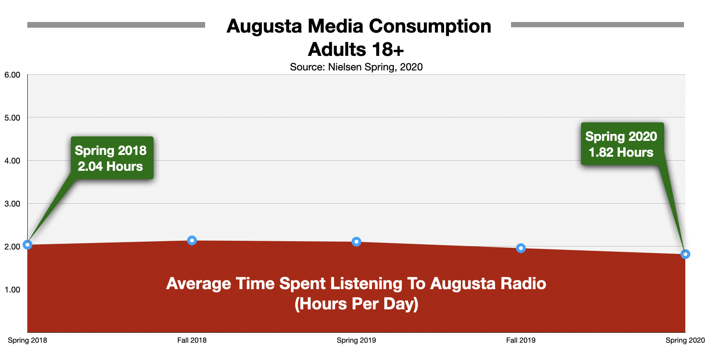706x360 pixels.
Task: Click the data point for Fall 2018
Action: (x=192, y=241)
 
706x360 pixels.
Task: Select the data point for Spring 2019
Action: (x=357, y=242)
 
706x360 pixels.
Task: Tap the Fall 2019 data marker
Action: (x=521, y=248)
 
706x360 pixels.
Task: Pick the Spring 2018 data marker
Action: (x=28, y=245)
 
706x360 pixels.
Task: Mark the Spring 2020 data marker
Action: (x=685, y=254)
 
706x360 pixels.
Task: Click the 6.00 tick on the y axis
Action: (x=12, y=75)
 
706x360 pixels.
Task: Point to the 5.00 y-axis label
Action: (x=12, y=118)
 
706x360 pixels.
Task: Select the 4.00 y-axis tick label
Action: (x=12, y=161)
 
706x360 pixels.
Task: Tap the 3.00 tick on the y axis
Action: (x=12, y=204)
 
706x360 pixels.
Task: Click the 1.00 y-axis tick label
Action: (x=12, y=290)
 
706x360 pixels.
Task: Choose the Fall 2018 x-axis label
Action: (x=192, y=341)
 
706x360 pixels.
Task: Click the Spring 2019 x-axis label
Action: (x=357, y=341)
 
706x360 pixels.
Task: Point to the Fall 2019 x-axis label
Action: (x=521, y=341)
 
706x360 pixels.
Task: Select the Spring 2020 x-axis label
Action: (x=685, y=341)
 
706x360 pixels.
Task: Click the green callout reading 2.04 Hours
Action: (x=112, y=158)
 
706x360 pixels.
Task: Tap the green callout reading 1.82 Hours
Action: (x=622, y=144)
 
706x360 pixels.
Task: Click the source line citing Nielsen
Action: (x=356, y=67)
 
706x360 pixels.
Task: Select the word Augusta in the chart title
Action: (x=264, y=26)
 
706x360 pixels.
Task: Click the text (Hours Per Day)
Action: (x=357, y=304)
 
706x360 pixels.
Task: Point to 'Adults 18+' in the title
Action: (x=356, y=49)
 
